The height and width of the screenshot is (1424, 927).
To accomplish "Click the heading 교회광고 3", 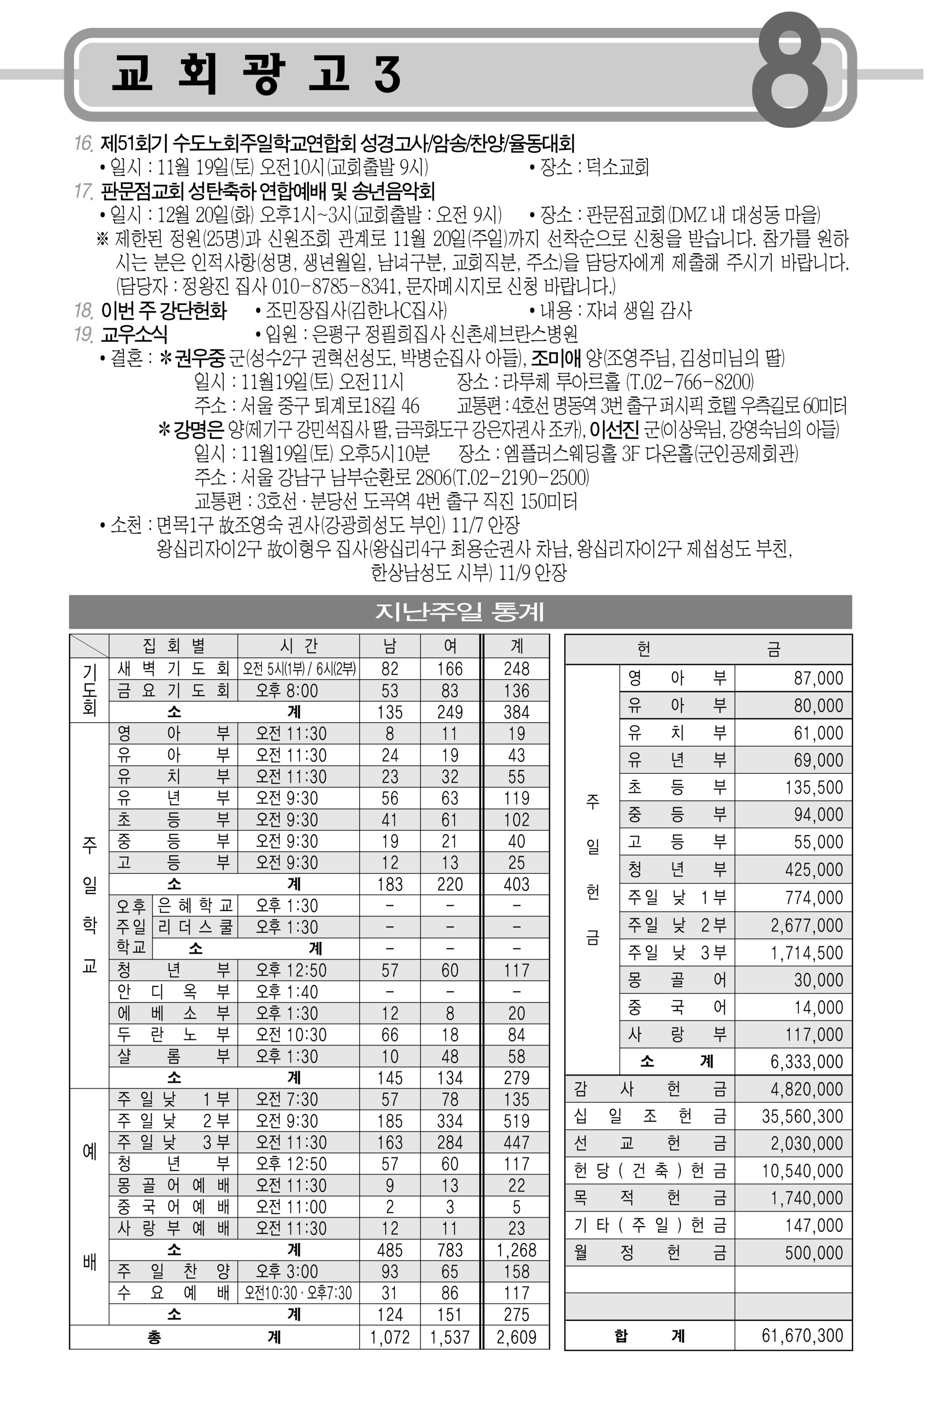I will coord(256,74).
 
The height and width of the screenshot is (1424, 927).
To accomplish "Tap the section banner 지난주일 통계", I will coord(459,612).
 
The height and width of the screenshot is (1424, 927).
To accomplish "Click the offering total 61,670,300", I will coord(802,1335).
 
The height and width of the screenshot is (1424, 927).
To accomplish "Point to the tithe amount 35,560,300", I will coord(802,1117).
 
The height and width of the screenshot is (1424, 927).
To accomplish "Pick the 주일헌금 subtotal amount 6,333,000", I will coord(806,1062).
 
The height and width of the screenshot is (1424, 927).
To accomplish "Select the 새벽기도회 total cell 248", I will coord(516,669).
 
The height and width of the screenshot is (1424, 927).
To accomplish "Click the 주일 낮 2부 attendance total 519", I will coord(516,1121).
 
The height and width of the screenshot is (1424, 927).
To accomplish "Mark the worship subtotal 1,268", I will coord(516,1250).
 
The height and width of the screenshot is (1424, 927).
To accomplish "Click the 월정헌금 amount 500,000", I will coord(813,1253).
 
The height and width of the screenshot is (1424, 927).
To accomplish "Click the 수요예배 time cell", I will coord(298,1294).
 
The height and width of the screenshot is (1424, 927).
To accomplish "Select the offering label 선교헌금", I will coord(650,1143).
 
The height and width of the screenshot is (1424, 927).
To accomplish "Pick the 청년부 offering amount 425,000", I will coord(813,870).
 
